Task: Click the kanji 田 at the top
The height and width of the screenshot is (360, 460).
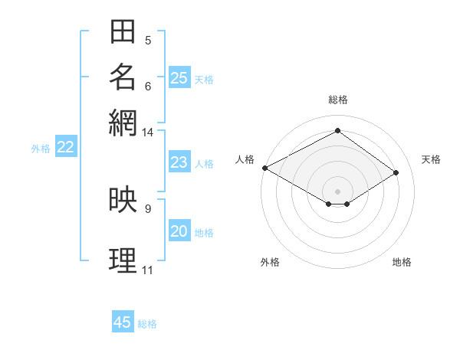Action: pos(123,32)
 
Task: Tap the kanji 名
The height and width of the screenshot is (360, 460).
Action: pos(123,77)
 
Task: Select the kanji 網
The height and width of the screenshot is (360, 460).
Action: pos(123,122)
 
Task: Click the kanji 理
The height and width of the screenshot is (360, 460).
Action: pos(123,260)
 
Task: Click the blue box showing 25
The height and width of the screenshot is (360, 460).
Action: pos(179,77)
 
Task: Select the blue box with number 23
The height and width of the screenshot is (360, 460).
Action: pos(179,162)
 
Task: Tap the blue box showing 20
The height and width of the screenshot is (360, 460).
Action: pos(179,231)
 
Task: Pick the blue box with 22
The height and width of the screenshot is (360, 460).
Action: pos(65,148)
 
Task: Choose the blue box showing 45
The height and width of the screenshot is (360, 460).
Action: pos(123,322)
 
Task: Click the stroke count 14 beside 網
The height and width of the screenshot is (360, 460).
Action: pos(147,133)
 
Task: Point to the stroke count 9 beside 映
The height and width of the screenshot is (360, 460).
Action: pos(147,208)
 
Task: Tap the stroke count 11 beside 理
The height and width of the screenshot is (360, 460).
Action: pos(147,270)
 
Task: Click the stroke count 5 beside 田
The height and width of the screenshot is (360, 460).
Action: pos(147,40)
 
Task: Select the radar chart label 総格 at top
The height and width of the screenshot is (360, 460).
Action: pos(338,100)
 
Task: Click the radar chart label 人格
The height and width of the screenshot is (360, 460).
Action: pos(245,159)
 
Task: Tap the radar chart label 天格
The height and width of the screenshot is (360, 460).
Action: pos(431,159)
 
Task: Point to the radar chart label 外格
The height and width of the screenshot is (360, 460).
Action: pos(270,262)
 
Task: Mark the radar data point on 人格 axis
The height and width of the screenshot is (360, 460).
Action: pos(264,167)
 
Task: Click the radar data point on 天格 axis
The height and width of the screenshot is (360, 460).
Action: pos(396,172)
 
